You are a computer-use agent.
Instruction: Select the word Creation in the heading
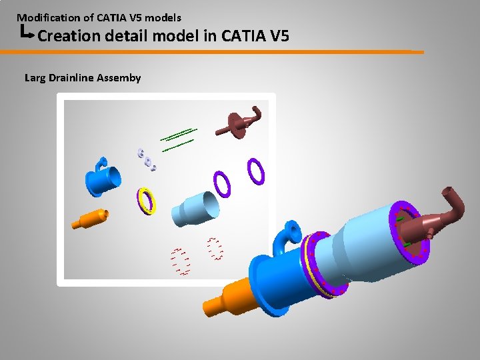click(x=69, y=35)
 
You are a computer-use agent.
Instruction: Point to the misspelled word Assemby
click(x=119, y=78)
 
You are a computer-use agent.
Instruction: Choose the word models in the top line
click(x=163, y=17)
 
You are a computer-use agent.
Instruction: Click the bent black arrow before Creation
click(x=27, y=32)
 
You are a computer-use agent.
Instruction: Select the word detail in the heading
click(x=125, y=35)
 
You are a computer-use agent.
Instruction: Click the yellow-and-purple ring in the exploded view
click(x=146, y=200)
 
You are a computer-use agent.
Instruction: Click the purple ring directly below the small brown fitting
click(x=255, y=171)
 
